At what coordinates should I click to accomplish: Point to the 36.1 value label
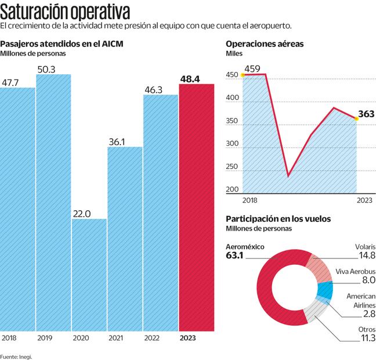click(x=117, y=141)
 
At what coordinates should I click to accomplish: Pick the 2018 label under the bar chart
click(x=10, y=337)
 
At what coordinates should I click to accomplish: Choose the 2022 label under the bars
click(x=153, y=337)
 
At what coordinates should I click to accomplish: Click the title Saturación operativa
click(x=65, y=11)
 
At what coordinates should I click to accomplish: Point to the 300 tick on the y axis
click(x=232, y=144)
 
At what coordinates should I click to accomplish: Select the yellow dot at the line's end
click(x=357, y=119)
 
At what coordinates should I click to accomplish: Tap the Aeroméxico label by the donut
click(x=245, y=247)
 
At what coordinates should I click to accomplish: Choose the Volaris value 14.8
click(x=366, y=255)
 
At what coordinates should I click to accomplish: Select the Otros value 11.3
click(x=367, y=339)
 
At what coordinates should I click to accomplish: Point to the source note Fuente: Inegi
click(x=16, y=355)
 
